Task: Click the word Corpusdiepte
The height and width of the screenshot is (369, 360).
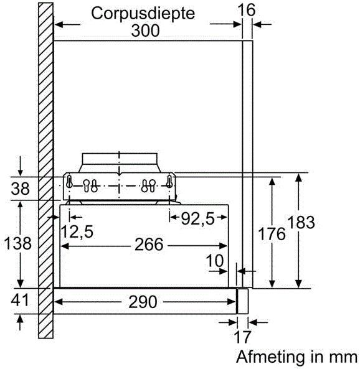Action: click(143, 14)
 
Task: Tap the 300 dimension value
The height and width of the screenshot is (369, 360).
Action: click(145, 30)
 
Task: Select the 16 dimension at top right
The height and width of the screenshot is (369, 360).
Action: click(247, 10)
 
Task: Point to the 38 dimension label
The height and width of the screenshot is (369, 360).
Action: click(21, 189)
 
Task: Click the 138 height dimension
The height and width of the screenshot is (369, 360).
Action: click(18, 243)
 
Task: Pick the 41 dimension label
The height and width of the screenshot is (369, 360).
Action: click(20, 300)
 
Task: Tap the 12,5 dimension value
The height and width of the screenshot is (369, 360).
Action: click(77, 232)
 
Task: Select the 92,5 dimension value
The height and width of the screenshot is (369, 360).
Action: click(198, 218)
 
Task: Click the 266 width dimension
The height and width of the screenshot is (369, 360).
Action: click(149, 245)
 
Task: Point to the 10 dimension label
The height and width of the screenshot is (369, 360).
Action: click(215, 261)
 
